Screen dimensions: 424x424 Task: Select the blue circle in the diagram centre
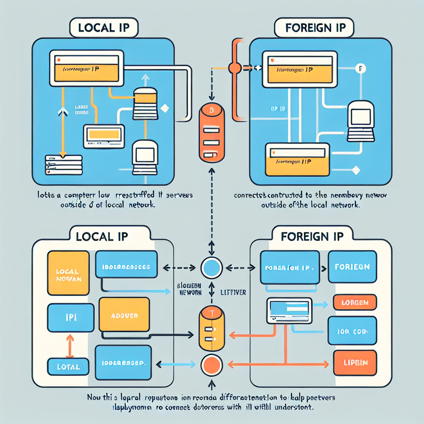pyautogui.click(x=212, y=267)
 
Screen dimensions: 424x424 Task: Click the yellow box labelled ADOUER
pyautogui.click(x=125, y=314)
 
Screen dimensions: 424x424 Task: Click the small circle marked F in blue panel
pyautogui.click(x=360, y=68)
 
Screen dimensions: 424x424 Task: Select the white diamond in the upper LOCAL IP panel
pyautogui.click(x=164, y=108)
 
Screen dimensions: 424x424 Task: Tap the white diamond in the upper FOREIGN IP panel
pyautogui.click(x=354, y=169)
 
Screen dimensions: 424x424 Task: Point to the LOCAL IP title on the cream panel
pyautogui.click(x=102, y=236)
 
